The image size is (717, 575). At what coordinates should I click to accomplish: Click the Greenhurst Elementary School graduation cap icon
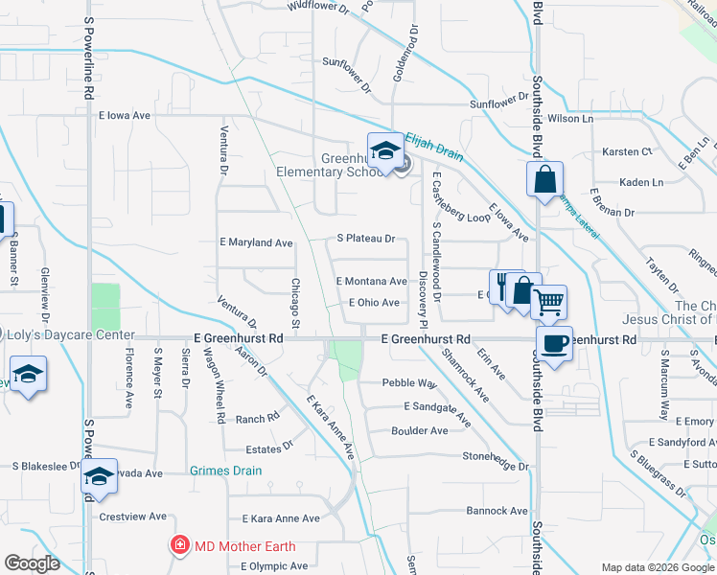click(385, 151)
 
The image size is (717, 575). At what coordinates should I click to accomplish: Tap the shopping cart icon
click(548, 303)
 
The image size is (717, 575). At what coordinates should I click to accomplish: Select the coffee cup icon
click(554, 342)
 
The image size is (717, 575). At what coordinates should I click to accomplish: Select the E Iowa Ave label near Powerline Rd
click(125, 115)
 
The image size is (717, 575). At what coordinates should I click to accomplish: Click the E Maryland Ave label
click(255, 243)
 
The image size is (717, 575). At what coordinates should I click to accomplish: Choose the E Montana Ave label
click(371, 281)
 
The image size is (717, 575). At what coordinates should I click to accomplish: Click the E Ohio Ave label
click(374, 303)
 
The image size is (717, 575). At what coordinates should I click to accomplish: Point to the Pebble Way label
click(409, 383)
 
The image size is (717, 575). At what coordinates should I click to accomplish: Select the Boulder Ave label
click(420, 431)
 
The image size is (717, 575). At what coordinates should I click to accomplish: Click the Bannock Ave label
click(497, 511)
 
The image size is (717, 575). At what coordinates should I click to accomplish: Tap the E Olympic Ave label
click(274, 565)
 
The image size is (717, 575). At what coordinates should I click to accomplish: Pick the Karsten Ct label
click(627, 151)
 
